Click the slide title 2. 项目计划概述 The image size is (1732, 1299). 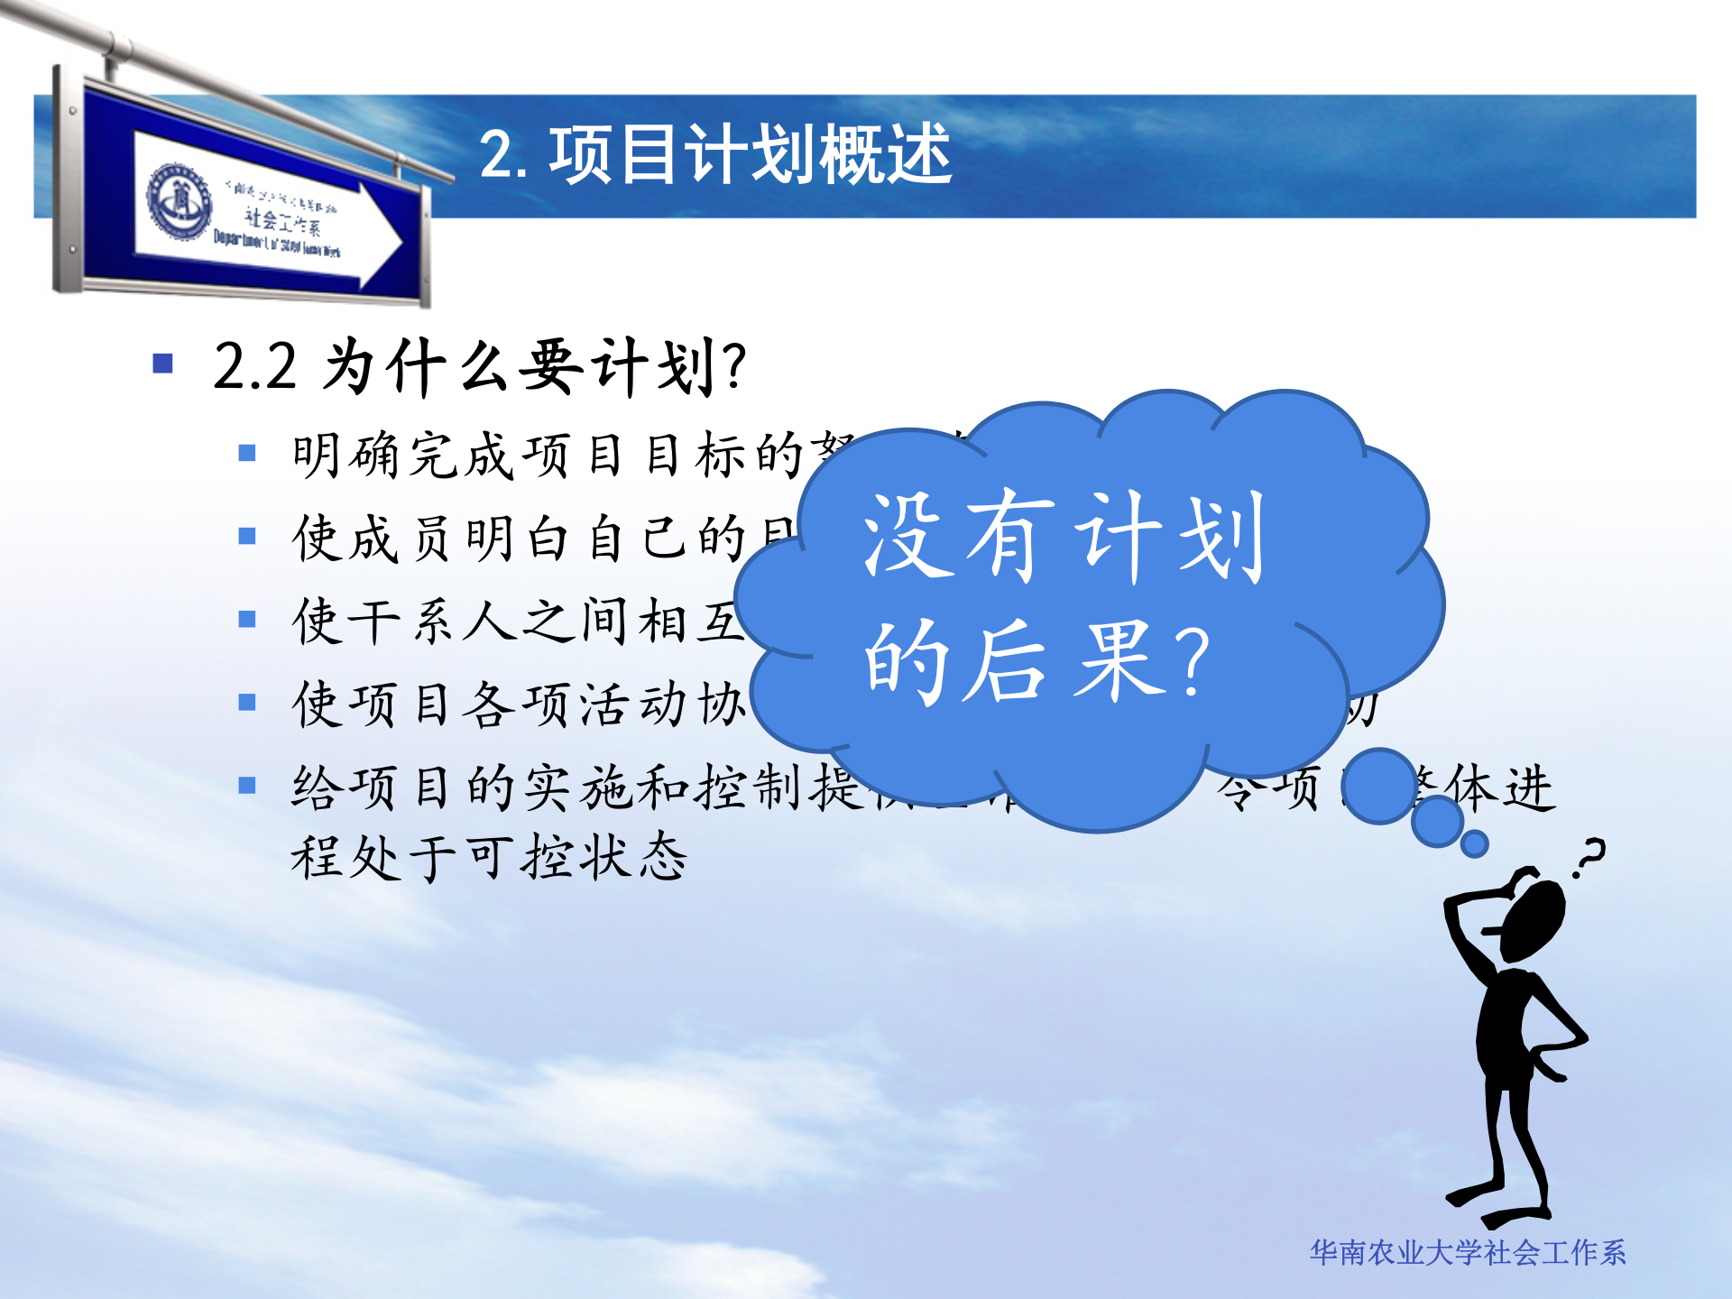pyautogui.click(x=714, y=155)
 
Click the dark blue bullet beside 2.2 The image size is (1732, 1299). pyautogui.click(x=163, y=363)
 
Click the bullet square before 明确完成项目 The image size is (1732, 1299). pyautogui.click(x=247, y=453)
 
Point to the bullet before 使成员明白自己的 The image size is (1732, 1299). pyautogui.click(x=247, y=537)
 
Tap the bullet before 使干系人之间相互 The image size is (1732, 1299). pyautogui.click(x=247, y=620)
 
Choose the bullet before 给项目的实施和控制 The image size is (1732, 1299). pyautogui.click(x=247, y=786)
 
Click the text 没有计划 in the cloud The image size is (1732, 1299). pyautogui.click(x=1064, y=536)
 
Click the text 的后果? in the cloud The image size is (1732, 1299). pyautogui.click(x=1037, y=662)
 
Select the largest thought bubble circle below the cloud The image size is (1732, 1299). pyautogui.click(x=1378, y=786)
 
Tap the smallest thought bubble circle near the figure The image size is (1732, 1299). pyautogui.click(x=1474, y=844)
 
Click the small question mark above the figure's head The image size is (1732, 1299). pyautogui.click(x=1589, y=857)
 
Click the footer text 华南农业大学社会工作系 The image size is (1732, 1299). pyautogui.click(x=1467, y=1253)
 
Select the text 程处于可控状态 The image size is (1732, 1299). pyautogui.click(x=489, y=857)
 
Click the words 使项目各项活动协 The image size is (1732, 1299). pyautogui.click(x=519, y=704)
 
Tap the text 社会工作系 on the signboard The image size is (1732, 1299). pyautogui.click(x=281, y=220)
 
